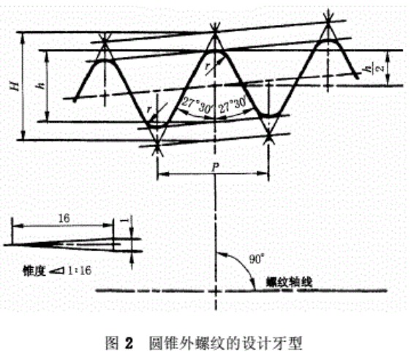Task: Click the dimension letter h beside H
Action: coord(42,85)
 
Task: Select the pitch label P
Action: coord(215,167)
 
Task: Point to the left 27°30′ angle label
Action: coord(197,105)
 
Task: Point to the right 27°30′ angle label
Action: coord(233,105)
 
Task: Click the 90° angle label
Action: coord(255,259)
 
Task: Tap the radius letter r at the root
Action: coord(149,109)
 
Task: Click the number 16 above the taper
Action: coord(64,218)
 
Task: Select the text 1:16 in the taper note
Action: coord(80,271)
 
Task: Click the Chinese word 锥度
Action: coord(34,271)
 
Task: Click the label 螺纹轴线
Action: coord(289,283)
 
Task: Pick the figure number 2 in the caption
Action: coord(129,343)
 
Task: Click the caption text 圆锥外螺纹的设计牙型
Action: coord(226,343)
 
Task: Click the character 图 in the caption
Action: coord(112,343)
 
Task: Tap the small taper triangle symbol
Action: coord(57,271)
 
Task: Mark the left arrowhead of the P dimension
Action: coord(163,173)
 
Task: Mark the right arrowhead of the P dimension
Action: coord(263,173)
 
